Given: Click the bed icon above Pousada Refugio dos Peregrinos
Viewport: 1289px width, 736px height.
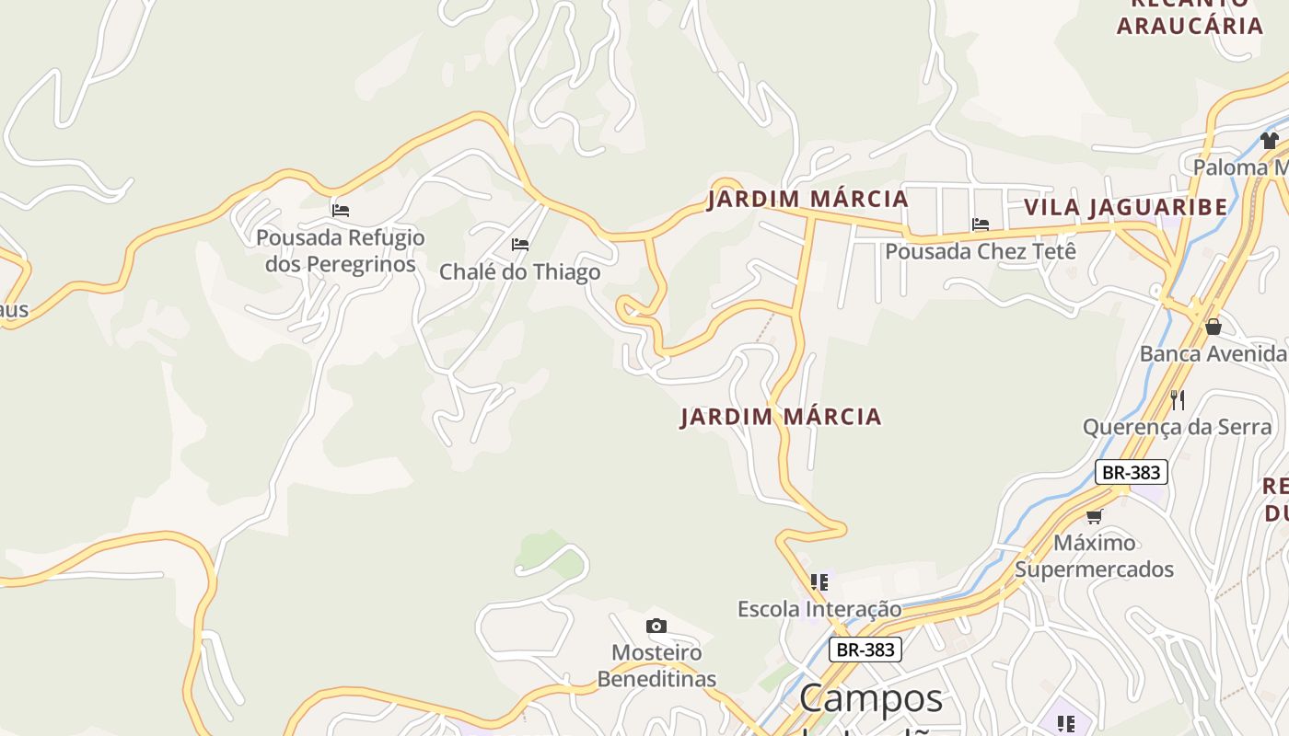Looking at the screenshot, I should click(341, 211).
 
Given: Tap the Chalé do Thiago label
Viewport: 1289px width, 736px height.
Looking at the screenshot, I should click(519, 271).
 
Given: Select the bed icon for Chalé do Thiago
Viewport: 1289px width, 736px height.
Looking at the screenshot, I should click(520, 245).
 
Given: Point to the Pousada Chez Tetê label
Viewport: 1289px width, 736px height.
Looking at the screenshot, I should click(981, 250).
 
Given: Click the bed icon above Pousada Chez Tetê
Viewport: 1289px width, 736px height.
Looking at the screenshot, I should click(981, 224).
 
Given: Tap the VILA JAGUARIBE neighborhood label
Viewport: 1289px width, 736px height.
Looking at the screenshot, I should click(1125, 207).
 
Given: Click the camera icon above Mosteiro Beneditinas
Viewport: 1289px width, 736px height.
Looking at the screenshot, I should click(656, 627).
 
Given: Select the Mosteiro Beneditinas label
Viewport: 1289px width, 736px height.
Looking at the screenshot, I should click(656, 666).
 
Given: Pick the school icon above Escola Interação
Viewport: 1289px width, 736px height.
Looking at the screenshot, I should click(819, 581).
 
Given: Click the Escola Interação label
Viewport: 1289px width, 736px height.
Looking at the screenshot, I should click(819, 609).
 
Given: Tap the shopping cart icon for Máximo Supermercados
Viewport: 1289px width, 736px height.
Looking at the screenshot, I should click(1094, 516).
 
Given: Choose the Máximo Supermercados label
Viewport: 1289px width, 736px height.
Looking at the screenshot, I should click(1094, 556).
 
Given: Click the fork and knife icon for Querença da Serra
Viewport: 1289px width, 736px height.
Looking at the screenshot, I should click(1177, 399).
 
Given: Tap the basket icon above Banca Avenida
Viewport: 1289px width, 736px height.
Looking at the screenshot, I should click(1214, 327).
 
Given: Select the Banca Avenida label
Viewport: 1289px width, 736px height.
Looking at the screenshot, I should click(1213, 353).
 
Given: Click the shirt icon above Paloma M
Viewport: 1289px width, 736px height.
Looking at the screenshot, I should click(1270, 141).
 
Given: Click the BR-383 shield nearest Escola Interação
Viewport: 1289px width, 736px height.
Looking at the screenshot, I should click(865, 650).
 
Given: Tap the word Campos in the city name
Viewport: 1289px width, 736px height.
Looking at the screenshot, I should click(871, 698).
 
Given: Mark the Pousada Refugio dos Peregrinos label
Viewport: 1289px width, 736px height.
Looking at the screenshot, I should click(341, 251).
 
